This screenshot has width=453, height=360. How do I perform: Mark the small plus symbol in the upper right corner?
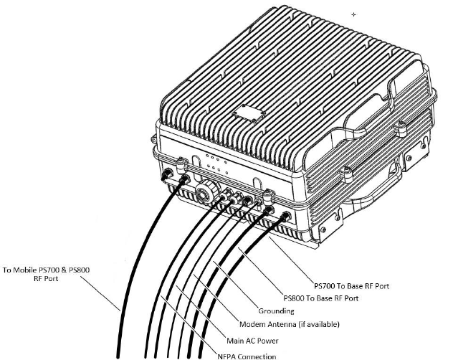tap(353, 14)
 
